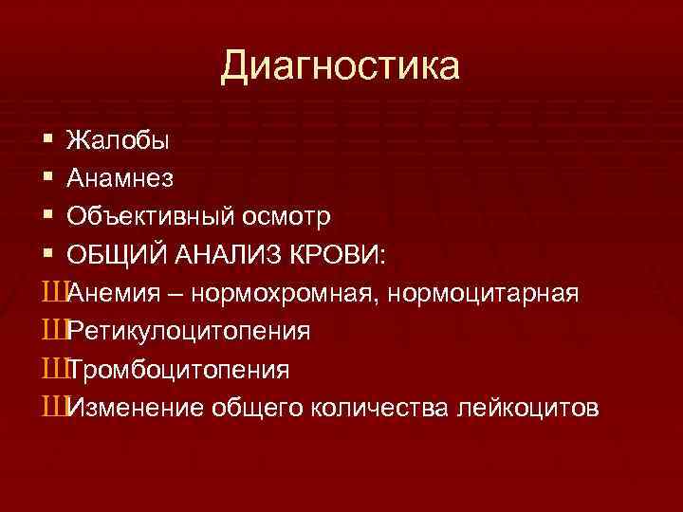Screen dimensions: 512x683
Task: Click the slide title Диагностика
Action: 341,67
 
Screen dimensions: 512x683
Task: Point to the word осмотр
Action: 286,217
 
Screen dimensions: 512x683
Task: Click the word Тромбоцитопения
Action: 179,369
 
